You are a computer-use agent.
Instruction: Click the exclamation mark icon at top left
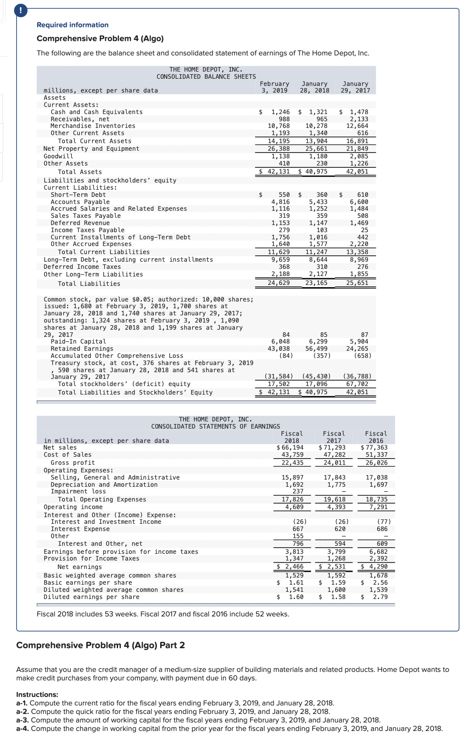pyautogui.click(x=21, y=10)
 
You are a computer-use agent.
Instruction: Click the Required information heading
pyautogui.click(x=72, y=25)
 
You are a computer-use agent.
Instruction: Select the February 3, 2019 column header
pyautogui.click(x=274, y=87)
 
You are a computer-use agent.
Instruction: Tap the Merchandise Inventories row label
pyautogui.click(x=93, y=126)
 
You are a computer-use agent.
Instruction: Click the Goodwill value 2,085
pyautogui.click(x=359, y=157)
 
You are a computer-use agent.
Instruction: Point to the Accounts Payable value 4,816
pyautogui.click(x=280, y=202)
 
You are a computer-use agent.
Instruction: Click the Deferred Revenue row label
pyautogui.click(x=80, y=223)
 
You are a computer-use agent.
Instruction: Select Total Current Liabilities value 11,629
pyautogui.click(x=279, y=252)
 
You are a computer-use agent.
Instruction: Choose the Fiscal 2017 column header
pyautogui.click(x=334, y=437)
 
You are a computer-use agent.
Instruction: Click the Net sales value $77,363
pyautogui.click(x=374, y=447)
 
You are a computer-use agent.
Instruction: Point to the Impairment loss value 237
pyautogui.click(x=298, y=491)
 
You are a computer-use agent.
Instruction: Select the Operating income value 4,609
pyautogui.click(x=294, y=507)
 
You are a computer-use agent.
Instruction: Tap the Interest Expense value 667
pyautogui.click(x=298, y=529)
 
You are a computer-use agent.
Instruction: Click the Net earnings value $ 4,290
pyautogui.click(x=374, y=566)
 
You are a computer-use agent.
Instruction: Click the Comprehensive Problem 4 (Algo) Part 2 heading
pyautogui.click(x=101, y=645)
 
